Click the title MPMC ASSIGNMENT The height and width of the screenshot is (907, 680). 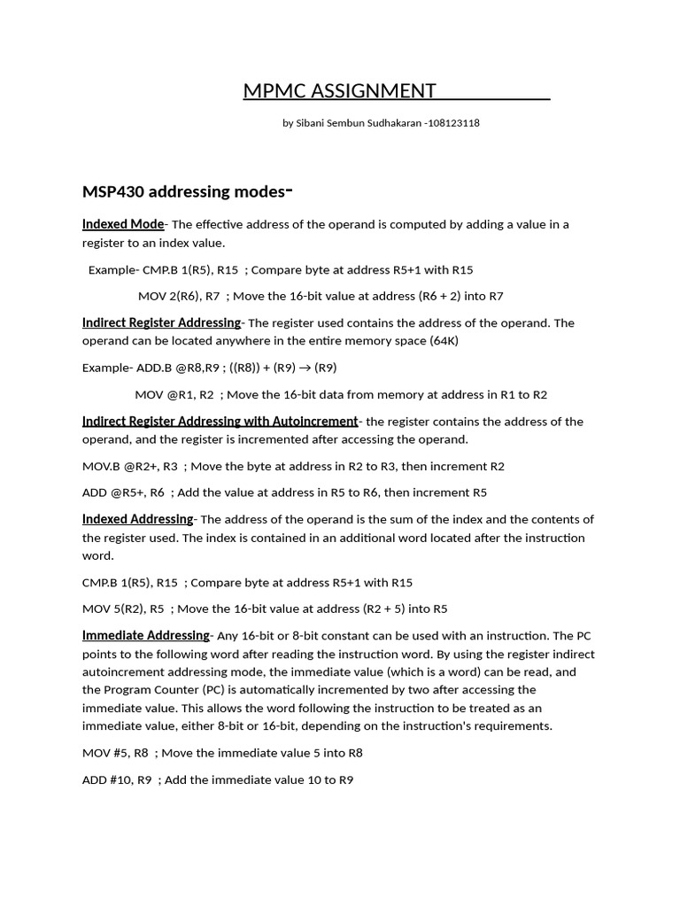pyautogui.click(x=340, y=90)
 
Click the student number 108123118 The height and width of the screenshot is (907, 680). pyautogui.click(x=453, y=123)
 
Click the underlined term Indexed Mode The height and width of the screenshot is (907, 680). pyautogui.click(x=123, y=224)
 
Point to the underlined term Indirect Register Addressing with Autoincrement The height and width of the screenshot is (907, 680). pyautogui.click(x=220, y=421)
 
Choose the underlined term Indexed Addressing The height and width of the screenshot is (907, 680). pyautogui.click(x=137, y=519)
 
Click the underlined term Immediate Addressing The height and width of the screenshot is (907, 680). pyautogui.click(x=146, y=635)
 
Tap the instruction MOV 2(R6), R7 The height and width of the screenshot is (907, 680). pyautogui.click(x=179, y=296)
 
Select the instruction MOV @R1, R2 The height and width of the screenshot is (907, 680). pyautogui.click(x=174, y=394)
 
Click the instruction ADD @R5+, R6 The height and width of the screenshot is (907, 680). pyautogui.click(x=123, y=492)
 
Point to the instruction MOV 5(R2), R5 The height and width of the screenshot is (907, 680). pyautogui.click(x=123, y=609)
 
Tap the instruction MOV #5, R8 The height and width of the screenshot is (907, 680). pyautogui.click(x=115, y=753)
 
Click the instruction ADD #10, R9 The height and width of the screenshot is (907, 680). pyautogui.click(x=117, y=779)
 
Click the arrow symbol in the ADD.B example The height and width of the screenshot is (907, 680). pyautogui.click(x=302, y=368)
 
